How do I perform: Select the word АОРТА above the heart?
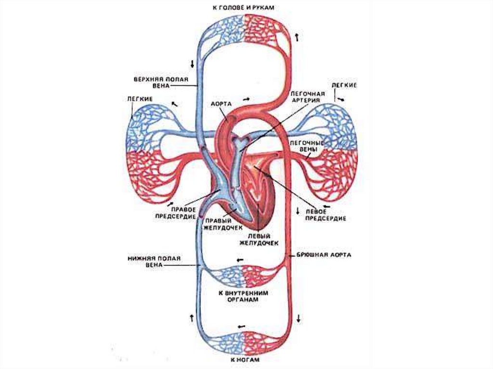tap(221, 103)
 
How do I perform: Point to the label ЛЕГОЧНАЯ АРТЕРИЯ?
tap(308, 97)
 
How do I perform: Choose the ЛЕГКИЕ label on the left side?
tap(140, 99)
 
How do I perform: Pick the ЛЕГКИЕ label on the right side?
tap(344, 85)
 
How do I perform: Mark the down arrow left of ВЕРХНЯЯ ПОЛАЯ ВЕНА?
tap(193, 64)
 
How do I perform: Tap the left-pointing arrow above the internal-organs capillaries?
tap(239, 259)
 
